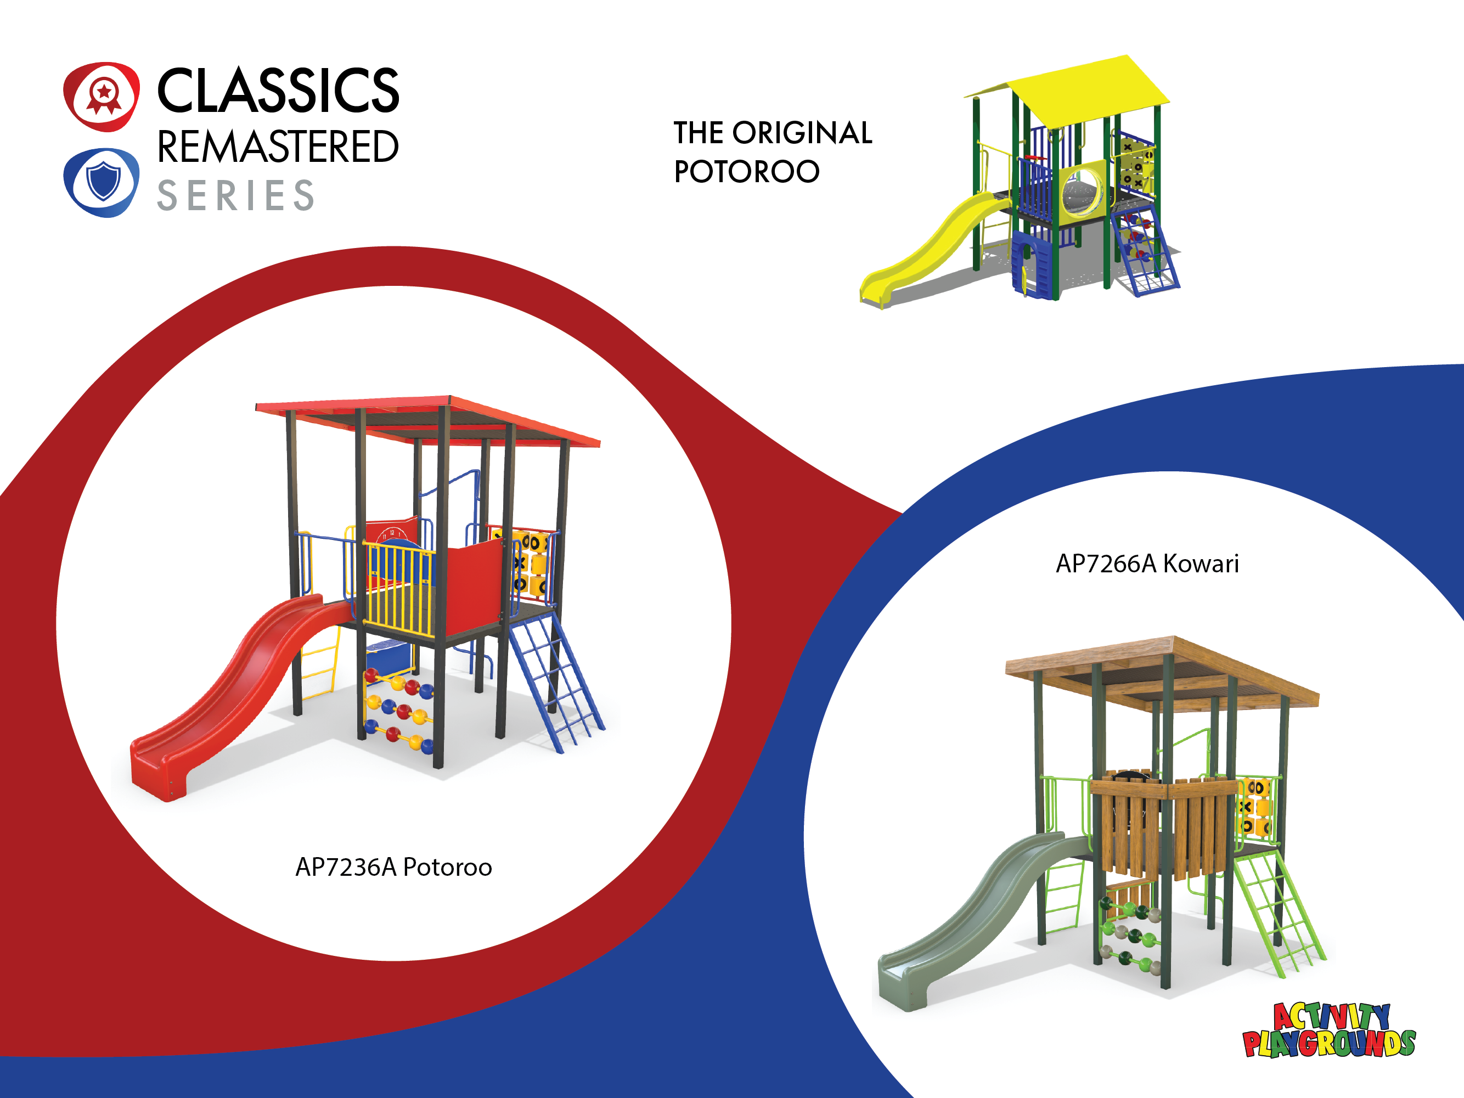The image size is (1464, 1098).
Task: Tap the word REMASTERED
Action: coord(278,147)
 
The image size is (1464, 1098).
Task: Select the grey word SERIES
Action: coord(235,195)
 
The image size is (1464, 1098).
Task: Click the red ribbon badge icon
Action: coord(102,97)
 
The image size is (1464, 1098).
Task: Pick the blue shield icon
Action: coord(102,183)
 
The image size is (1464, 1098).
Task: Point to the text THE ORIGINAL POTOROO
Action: coord(773,151)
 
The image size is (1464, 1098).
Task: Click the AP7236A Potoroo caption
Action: coord(394,867)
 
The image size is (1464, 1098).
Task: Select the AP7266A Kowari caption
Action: coord(1147,563)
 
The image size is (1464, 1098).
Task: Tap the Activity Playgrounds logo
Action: coord(1328,1031)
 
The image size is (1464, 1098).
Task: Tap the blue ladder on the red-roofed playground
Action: coord(556,682)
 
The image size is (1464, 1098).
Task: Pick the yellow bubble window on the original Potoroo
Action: coord(1083,190)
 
